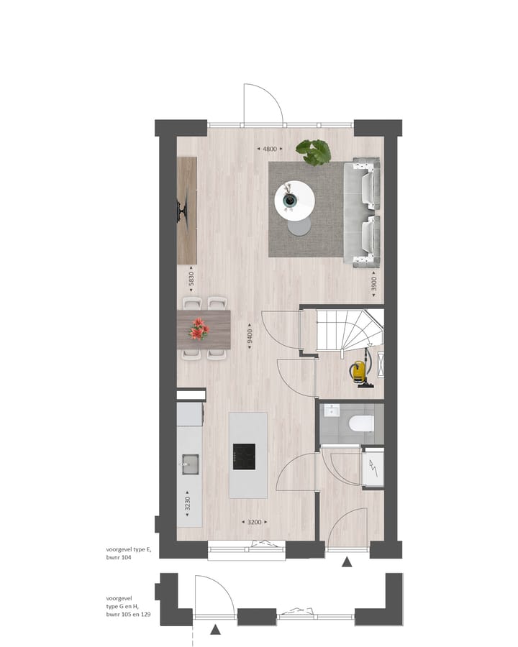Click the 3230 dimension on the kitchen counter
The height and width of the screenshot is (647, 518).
[188, 503]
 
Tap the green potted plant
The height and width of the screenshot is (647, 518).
[314, 152]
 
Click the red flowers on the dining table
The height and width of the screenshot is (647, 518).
[199, 330]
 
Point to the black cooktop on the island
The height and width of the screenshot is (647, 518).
[244, 455]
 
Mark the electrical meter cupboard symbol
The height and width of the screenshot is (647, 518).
[373, 470]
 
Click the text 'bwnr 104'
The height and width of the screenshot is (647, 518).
[121, 557]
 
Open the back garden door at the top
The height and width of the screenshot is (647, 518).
[263, 105]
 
